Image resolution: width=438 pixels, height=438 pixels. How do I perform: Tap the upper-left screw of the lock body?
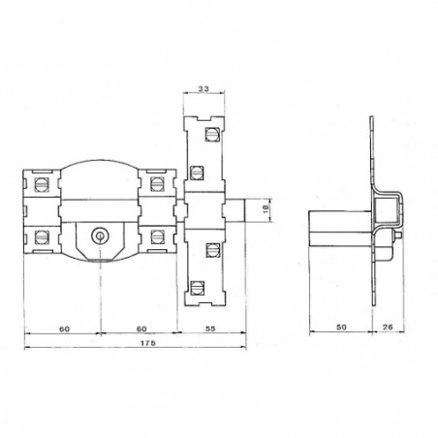click(41, 183)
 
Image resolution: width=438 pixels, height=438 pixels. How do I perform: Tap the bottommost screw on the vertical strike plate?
click(199, 287)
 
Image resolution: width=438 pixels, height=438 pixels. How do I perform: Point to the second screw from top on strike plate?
click(199, 172)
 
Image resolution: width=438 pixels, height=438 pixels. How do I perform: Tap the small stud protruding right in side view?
click(397, 235)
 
